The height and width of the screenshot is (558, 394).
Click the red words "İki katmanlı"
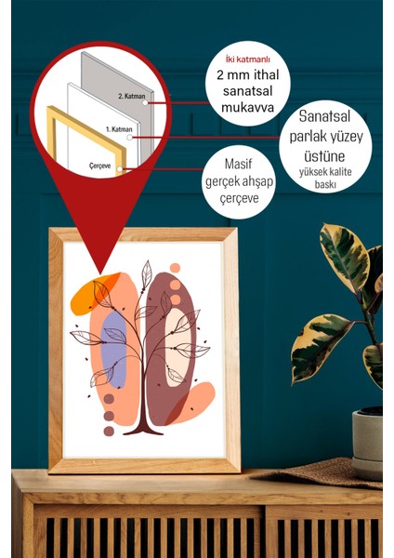[x=248, y=60]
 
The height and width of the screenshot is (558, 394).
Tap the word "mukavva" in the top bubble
[x=247, y=107]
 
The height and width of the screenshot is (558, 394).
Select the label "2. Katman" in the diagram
[x=132, y=96]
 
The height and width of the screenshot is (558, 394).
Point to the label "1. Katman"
[x=119, y=129]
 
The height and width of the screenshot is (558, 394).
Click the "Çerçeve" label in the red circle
[x=100, y=166]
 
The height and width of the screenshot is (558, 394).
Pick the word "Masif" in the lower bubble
[x=238, y=164]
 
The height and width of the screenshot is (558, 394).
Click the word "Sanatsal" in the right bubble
[x=324, y=116]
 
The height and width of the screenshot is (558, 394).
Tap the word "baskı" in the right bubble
[x=325, y=185]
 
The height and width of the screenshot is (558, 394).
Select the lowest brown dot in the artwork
[x=109, y=432]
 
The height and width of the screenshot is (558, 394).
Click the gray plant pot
[x=368, y=440]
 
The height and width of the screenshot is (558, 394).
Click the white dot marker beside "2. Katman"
[x=145, y=103]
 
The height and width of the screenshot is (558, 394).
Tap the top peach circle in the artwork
[x=175, y=268]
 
